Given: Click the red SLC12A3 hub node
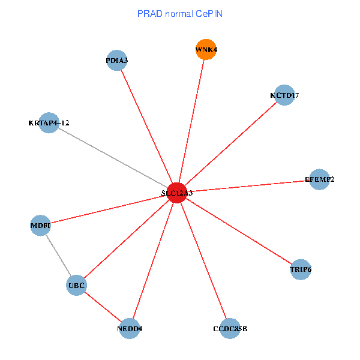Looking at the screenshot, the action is point(176,193).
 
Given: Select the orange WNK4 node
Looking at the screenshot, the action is point(206,50).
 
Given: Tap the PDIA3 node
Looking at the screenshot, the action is point(117,61).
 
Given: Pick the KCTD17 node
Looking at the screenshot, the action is point(284,95).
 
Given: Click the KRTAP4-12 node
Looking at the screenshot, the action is point(49,123).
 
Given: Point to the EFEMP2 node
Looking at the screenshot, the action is point(320,179).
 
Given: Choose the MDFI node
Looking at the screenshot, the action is point(41,226).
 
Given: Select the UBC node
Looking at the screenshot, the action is point(77,285).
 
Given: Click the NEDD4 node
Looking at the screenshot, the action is point(130,328).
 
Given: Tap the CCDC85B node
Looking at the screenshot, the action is point(230,328).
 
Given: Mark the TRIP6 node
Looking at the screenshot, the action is point(301,269).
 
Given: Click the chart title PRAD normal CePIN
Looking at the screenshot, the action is point(180,13).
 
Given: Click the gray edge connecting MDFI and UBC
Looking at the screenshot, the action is point(59,256).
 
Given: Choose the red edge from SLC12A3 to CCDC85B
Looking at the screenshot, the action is point(203,260).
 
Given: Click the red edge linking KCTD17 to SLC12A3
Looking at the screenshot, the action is point(230,144).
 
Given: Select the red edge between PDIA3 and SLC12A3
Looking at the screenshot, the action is point(147,127).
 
